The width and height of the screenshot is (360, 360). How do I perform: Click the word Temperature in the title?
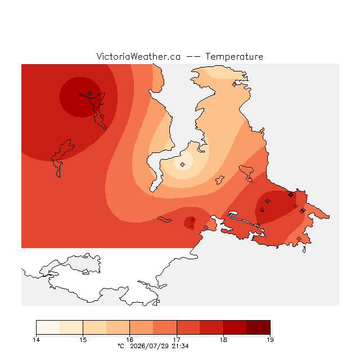tap(234, 56)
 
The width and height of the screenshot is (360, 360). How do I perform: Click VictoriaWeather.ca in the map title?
tap(138, 56)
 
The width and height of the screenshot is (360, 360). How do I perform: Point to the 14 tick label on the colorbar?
tap(37, 340)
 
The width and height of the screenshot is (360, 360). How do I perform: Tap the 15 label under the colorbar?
tap(83, 340)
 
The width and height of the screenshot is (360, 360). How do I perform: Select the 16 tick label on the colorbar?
tap(130, 340)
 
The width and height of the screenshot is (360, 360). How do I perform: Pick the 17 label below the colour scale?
tap(177, 340)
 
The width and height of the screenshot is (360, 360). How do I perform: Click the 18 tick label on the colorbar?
tap(223, 340)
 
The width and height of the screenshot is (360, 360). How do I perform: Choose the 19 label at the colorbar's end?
tap(270, 340)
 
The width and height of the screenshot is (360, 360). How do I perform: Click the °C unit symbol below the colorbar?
tap(121, 346)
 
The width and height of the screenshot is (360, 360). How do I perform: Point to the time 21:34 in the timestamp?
tap(180, 346)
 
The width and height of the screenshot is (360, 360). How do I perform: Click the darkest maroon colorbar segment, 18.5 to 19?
tap(258, 327)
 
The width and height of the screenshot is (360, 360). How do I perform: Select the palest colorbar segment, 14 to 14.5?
tap(48, 327)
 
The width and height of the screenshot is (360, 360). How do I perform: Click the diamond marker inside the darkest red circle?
tap(90, 93)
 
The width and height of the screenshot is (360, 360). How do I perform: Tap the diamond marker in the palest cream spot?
tap(182, 164)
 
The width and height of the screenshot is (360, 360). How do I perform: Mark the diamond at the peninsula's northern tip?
tap(234, 85)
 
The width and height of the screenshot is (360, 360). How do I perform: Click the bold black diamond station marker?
tap(291, 195)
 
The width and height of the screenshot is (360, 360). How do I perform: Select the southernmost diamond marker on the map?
tap(299, 238)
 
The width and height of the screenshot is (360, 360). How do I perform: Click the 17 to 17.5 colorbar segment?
tap(188, 327)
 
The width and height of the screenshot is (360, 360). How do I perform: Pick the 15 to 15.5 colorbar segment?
tap(94, 327)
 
